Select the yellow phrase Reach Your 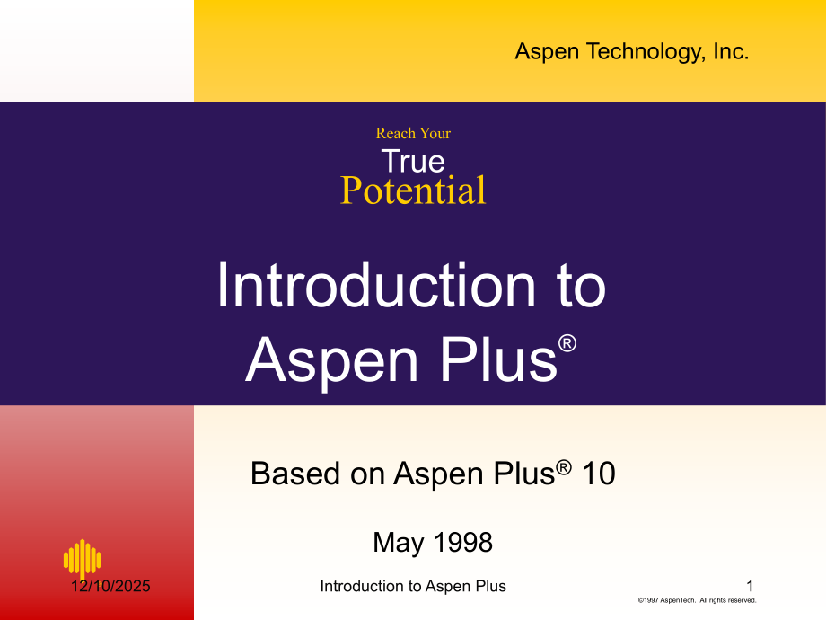(413, 134)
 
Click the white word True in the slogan (413, 162)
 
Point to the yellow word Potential (413, 191)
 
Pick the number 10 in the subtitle (599, 474)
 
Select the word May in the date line (397, 543)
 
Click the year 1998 (463, 543)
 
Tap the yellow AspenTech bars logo (83, 558)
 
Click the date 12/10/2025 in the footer (111, 587)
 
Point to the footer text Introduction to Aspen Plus (413, 587)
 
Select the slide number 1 (751, 586)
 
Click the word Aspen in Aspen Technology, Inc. (548, 52)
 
